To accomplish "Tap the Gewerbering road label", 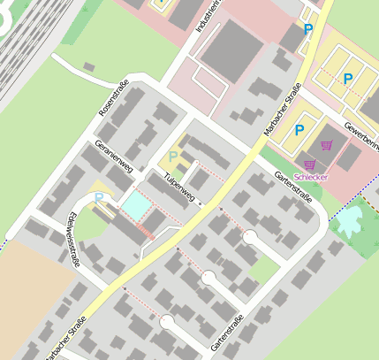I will [x=362, y=133].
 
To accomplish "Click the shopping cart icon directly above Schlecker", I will [x=310, y=164].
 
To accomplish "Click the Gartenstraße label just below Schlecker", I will [x=292, y=188].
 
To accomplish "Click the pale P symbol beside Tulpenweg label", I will [x=173, y=157].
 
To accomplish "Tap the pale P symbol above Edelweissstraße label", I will [x=99, y=197].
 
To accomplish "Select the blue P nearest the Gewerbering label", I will [x=348, y=79].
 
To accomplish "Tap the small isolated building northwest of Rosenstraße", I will [x=88, y=67].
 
